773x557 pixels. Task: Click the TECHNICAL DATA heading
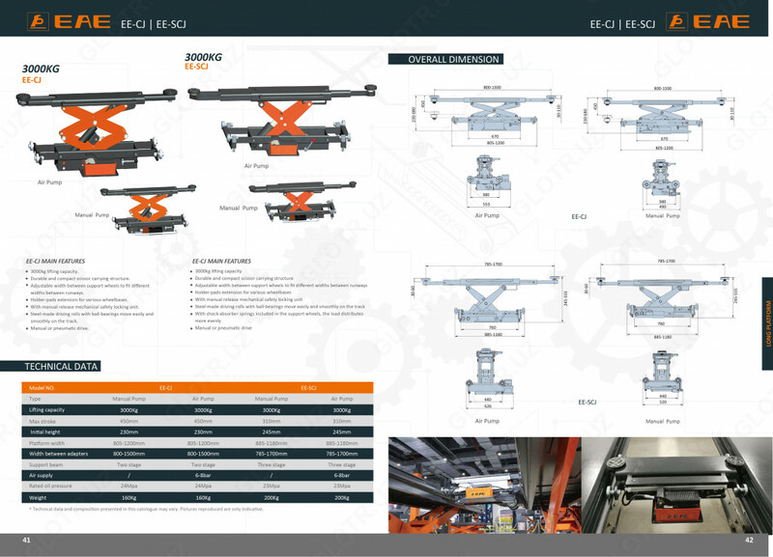(62, 367)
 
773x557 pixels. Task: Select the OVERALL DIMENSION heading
(453, 60)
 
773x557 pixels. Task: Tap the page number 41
(27, 541)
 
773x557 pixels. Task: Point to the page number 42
(748, 541)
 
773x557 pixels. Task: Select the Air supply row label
(41, 475)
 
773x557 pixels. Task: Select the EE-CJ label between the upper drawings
(580, 217)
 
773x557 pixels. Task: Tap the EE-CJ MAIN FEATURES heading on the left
(55, 261)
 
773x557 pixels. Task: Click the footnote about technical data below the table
(133, 509)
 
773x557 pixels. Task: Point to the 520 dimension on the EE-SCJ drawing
(664, 402)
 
